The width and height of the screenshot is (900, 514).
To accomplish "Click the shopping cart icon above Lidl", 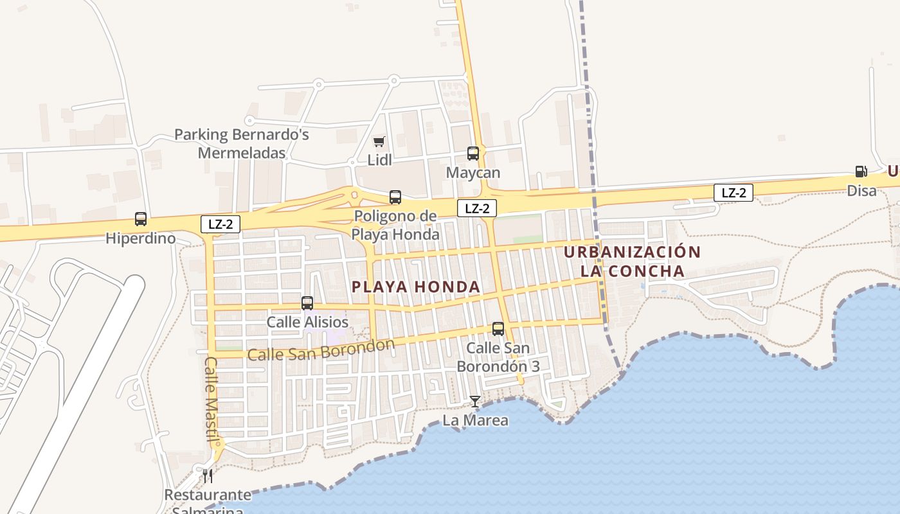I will click(379, 141).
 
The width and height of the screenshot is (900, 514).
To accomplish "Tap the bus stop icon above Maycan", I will click(473, 154).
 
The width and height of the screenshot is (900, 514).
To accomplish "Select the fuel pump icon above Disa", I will click(861, 171).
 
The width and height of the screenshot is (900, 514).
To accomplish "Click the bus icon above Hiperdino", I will click(141, 219).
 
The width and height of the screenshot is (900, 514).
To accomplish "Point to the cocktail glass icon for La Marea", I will click(474, 402).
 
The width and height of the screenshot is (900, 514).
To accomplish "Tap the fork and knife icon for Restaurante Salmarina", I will click(207, 475).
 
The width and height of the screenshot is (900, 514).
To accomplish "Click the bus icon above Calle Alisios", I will click(307, 303).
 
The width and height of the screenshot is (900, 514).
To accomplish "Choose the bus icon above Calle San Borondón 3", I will click(498, 329).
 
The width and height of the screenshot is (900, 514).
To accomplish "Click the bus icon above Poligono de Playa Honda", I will click(395, 197).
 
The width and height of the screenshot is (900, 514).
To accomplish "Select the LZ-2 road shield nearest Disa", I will click(733, 192).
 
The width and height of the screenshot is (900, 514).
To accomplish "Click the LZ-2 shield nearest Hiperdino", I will click(221, 224).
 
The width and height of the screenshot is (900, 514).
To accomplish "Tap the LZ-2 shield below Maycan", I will click(477, 208).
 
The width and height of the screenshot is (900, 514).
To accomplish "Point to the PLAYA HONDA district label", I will click(417, 287).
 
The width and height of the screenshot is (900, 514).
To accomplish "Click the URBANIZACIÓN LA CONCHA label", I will click(632, 261).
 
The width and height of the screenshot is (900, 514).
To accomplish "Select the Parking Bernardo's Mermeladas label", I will click(242, 144).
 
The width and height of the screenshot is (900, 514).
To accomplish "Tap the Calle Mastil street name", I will click(213, 398).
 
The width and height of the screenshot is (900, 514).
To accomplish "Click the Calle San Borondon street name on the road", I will click(321, 350).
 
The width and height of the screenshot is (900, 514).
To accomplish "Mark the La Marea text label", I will click(476, 421).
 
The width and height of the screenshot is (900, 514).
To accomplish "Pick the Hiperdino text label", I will click(141, 238).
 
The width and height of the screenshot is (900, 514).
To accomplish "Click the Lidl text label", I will click(380, 160).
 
